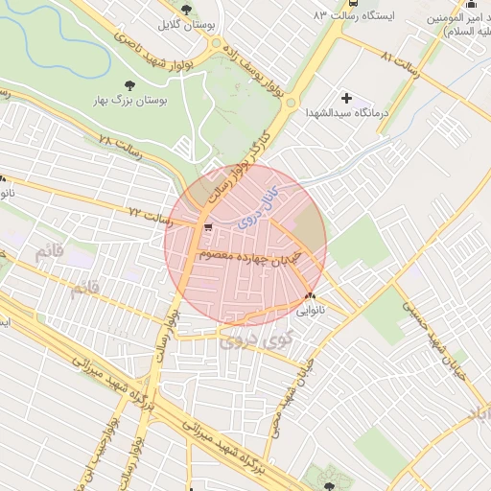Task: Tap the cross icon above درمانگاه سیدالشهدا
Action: (345, 97)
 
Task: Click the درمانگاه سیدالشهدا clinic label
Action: (345, 113)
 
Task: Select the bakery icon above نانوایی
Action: (309, 295)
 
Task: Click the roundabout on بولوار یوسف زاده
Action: (288, 100)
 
